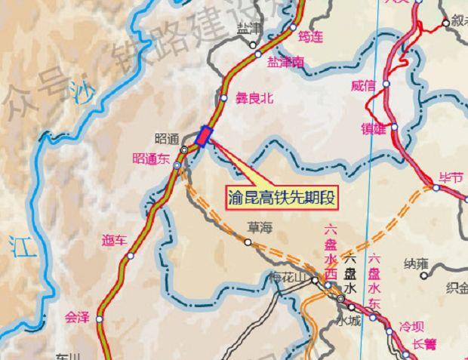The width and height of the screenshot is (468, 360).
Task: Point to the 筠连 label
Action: pyautogui.click(x=310, y=36)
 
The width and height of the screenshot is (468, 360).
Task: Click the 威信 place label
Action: pyautogui.click(x=363, y=85)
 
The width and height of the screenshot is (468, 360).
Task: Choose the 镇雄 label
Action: pyautogui.click(x=374, y=126)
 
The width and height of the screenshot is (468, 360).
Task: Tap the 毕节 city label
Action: pyautogui.click(x=451, y=178)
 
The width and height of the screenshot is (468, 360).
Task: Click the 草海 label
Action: pyautogui.click(x=259, y=226)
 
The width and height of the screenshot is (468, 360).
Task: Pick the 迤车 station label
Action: pyautogui.click(x=115, y=241)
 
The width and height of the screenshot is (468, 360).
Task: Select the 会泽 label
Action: pyautogui.click(x=78, y=318)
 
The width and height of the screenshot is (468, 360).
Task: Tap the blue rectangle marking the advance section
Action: pyautogui.click(x=204, y=136)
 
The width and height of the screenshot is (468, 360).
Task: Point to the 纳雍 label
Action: pyautogui.click(x=416, y=263)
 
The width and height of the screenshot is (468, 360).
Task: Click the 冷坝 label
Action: pyautogui.click(x=412, y=327)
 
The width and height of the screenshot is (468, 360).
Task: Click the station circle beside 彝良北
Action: pyautogui.click(x=223, y=97)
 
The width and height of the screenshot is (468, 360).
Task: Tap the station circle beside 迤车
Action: pyautogui.click(x=131, y=256)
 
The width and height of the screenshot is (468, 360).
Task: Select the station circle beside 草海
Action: pyautogui.click(x=248, y=242)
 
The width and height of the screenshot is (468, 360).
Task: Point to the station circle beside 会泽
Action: pyautogui.click(x=99, y=319)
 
